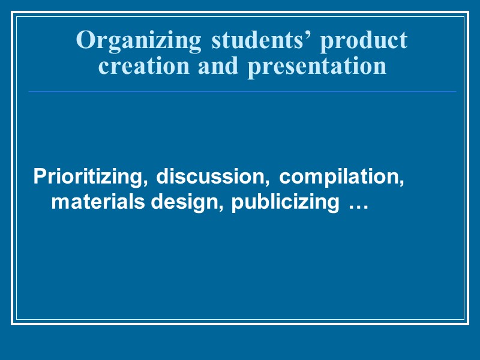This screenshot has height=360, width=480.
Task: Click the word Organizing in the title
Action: pos(139,41)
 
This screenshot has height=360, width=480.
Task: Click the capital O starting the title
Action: pos(85,41)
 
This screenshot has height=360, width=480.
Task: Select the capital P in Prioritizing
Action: pos(40,177)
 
